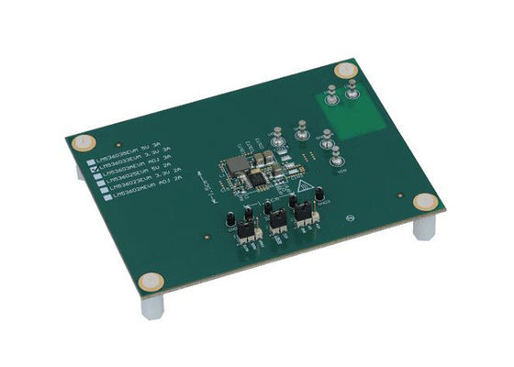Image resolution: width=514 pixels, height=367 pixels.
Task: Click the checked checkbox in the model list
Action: point(93,170)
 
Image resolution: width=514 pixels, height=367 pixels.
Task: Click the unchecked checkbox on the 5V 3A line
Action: point(90,162)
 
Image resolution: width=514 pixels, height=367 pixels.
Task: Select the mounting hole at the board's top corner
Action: point(343,70)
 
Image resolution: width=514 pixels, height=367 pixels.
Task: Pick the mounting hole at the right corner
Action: point(423,203)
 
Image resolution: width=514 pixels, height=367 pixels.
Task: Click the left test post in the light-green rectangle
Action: point(329,92)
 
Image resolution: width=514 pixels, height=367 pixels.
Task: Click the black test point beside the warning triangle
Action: point(319,197)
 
